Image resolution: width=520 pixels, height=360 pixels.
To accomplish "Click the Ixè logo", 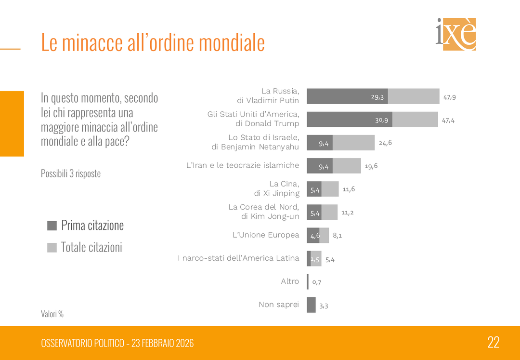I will (455, 34).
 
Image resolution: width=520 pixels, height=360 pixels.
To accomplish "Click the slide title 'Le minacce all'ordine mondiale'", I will (153, 43).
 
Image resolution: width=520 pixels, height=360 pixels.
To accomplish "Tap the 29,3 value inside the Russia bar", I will (377, 97).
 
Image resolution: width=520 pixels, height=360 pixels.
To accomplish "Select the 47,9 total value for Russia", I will (449, 97).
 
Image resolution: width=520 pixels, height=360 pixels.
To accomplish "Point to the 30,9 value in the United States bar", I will (381, 120).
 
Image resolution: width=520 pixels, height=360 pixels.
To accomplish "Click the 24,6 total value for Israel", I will (385, 143).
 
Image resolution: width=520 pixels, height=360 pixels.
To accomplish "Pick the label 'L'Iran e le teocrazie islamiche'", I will (243, 165).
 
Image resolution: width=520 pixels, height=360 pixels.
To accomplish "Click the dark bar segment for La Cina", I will (314, 189).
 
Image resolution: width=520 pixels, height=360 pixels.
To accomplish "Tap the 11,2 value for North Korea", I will (347, 213).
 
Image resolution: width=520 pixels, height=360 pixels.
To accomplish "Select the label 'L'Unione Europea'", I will (266, 235).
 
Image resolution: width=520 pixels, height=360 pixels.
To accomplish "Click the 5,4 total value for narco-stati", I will (330, 260).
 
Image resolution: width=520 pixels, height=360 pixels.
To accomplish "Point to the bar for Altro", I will (308, 282).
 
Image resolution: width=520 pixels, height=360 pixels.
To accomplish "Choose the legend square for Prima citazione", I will (52, 226).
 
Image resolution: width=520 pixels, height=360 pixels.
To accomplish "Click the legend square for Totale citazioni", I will (52, 248).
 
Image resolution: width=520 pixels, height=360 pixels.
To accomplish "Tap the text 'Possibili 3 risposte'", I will (71, 173).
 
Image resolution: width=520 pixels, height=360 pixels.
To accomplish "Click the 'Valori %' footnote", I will (52, 314).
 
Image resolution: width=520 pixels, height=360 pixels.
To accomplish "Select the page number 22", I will (493, 343).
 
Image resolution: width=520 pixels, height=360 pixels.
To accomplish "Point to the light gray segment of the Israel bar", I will (353, 143).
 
